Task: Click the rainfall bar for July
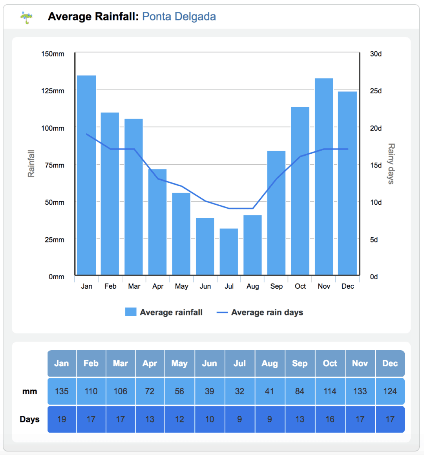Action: pyautogui.click(x=229, y=251)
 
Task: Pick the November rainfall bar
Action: pyautogui.click(x=324, y=177)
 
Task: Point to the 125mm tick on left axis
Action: pyautogui.click(x=53, y=91)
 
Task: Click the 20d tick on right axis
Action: pyautogui.click(x=376, y=128)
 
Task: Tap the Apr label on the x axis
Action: pyautogui.click(x=158, y=286)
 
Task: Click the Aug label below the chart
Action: pyautogui.click(x=253, y=286)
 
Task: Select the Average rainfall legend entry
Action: pyautogui.click(x=164, y=312)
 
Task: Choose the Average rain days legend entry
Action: pyautogui.click(x=260, y=312)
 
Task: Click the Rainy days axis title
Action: pyautogui.click(x=391, y=164)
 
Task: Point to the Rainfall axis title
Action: pyautogui.click(x=31, y=164)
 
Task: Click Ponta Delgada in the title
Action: pyautogui.click(x=179, y=16)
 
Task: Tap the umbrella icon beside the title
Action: pyautogui.click(x=27, y=17)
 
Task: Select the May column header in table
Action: pyautogui.click(x=179, y=364)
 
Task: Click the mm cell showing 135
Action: pyautogui.click(x=62, y=391)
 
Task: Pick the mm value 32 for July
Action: pyautogui.click(x=239, y=391)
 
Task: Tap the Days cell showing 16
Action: pyautogui.click(x=330, y=419)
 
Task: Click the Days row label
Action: pyautogui.click(x=30, y=419)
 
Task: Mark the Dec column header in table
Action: pyautogui.click(x=390, y=364)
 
